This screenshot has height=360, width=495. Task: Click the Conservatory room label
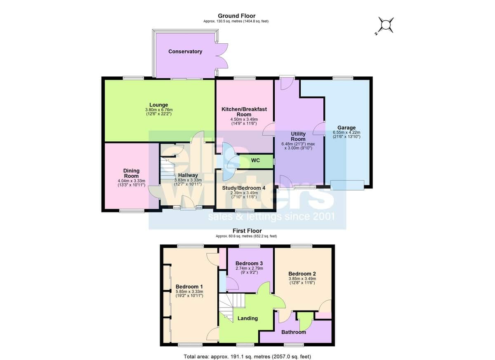pos(185,52)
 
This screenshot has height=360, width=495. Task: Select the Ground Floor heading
pos(236,16)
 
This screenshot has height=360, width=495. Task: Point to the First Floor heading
pos(247,231)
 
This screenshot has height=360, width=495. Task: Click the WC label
pos(255,160)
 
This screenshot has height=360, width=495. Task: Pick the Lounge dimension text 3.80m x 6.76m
pos(159,110)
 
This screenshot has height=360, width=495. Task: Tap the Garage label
pos(346,128)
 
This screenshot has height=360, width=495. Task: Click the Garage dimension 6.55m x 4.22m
pos(346,132)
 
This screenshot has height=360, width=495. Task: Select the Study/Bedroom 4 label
pos(244,188)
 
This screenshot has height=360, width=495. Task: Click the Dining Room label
pos(131,173)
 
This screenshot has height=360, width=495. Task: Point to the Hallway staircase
pos(167,168)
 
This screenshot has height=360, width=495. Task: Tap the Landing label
pos(247,318)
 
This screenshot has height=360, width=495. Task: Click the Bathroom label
pos(294,332)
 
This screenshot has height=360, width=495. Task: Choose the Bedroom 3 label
pos(249,264)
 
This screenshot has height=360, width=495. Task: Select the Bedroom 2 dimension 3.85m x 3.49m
pos(302,279)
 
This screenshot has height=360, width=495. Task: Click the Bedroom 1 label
pos(189,287)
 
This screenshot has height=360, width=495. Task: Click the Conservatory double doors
pos(222,56)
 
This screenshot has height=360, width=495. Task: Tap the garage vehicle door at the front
pos(347,185)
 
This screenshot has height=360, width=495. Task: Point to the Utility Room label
pos(298,136)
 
